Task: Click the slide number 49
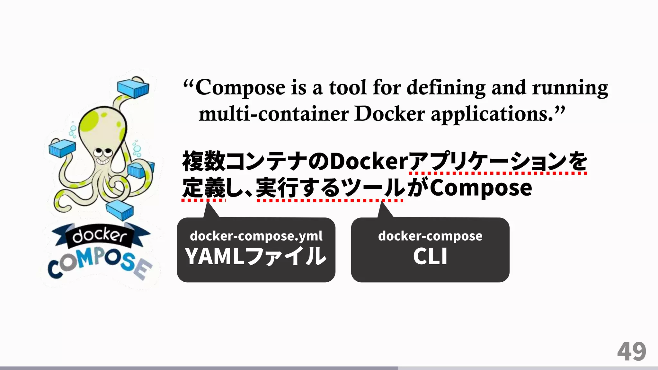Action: (x=631, y=352)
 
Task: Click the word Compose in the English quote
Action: (x=240, y=88)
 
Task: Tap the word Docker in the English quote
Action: (x=389, y=114)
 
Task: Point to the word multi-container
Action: (x=273, y=114)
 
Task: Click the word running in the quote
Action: (x=570, y=88)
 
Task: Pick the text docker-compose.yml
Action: (x=256, y=236)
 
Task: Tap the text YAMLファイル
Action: (x=256, y=256)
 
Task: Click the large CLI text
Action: (x=430, y=256)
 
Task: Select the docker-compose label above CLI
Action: (x=430, y=236)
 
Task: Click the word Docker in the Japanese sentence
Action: (x=369, y=161)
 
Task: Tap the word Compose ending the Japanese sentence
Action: (x=481, y=188)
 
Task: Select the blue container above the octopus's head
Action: (x=133, y=88)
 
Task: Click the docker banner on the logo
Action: (x=100, y=236)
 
